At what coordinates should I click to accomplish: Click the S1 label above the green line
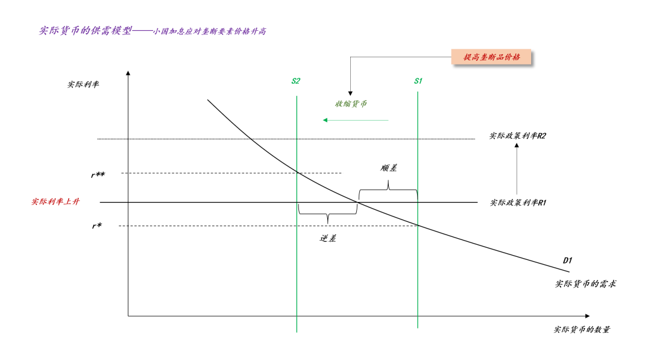tap(418, 81)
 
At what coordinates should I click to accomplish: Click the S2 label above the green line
tap(295, 81)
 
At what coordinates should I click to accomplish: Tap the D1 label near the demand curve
tap(567, 261)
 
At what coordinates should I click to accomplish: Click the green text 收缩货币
tap(351, 104)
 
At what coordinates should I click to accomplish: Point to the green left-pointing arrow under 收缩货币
tap(356, 120)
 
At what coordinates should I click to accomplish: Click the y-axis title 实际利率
tap(83, 84)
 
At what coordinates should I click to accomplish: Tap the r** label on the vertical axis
tap(98, 175)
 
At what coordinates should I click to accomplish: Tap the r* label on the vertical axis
tap(96, 226)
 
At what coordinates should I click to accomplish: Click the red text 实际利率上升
tap(55, 202)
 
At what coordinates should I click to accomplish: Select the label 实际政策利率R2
tap(518, 136)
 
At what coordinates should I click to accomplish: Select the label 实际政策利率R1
tap(518, 203)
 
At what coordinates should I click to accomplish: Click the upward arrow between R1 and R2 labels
tap(517, 169)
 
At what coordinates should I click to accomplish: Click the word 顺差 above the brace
tap(389, 168)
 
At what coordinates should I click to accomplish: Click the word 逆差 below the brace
tap(328, 238)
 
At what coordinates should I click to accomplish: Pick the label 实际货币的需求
tap(585, 283)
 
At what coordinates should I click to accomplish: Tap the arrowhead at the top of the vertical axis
tap(128, 74)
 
